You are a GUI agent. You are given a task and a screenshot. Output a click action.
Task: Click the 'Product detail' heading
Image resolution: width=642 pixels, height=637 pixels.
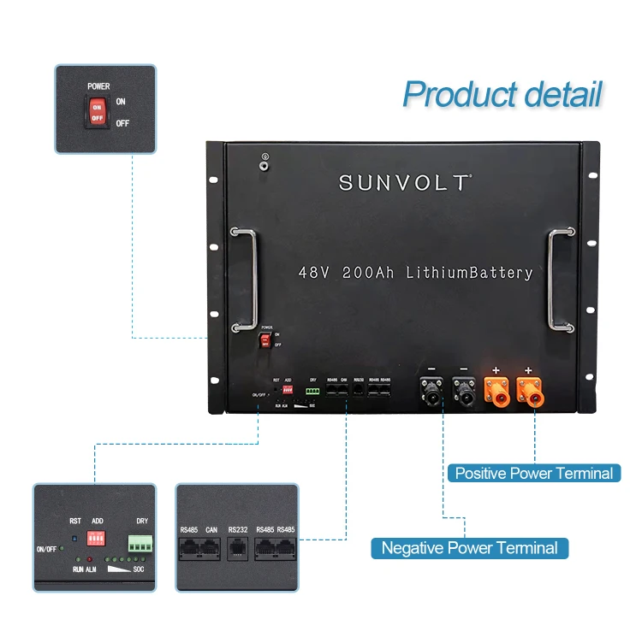[x=502, y=94]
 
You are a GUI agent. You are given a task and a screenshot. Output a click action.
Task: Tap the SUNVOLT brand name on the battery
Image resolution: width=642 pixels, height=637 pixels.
[x=405, y=182]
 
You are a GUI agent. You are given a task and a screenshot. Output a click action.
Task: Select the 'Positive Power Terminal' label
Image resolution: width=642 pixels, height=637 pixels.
[x=533, y=473]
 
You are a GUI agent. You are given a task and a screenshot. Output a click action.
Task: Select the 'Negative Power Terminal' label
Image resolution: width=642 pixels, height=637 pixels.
[x=469, y=548]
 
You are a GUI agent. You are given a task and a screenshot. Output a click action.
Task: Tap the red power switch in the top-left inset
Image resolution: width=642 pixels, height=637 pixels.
[x=96, y=112]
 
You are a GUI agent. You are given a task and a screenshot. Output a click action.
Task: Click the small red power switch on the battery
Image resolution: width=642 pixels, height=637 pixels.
[x=266, y=341]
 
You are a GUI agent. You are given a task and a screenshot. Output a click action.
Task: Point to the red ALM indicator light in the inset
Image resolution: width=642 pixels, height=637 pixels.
[x=88, y=559]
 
